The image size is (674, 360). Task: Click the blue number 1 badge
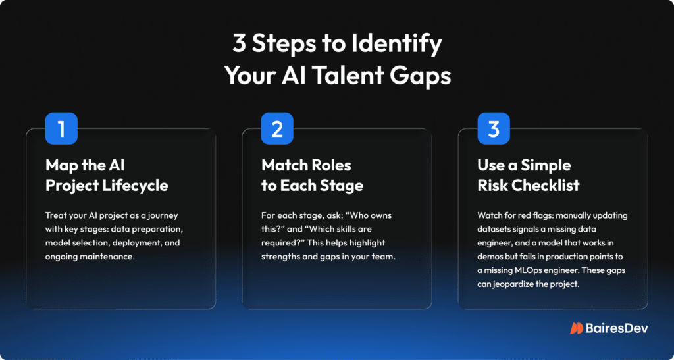click(x=61, y=128)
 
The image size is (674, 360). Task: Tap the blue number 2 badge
click(x=277, y=128)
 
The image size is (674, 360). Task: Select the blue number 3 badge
click(x=493, y=128)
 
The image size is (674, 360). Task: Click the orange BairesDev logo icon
click(x=577, y=328)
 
